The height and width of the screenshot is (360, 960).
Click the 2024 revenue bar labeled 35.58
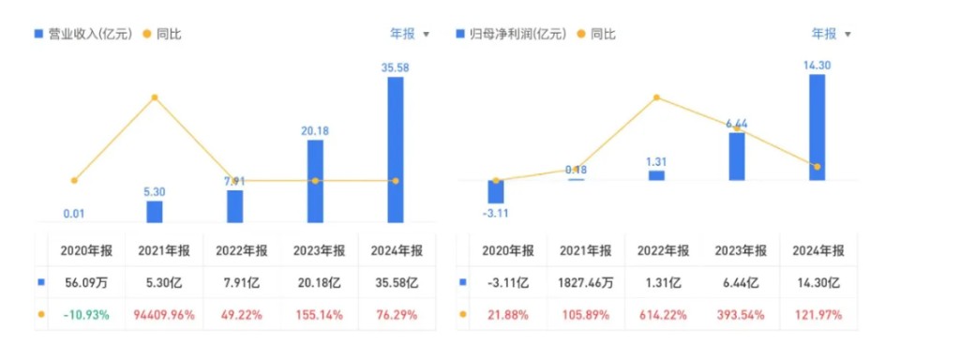click(396, 149)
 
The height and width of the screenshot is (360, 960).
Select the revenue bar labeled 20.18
click(315, 181)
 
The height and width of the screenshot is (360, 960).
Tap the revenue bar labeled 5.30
click(155, 212)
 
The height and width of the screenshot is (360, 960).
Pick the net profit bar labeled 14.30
click(817, 127)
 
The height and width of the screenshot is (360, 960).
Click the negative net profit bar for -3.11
click(495, 191)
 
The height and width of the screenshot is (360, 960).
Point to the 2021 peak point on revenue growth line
click(155, 97)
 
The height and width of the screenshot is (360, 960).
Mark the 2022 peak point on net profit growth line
click(656, 97)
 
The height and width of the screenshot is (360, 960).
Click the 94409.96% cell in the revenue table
click(164, 315)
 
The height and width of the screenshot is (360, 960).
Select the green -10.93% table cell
click(85, 315)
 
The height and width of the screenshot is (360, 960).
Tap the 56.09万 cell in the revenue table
click(85, 283)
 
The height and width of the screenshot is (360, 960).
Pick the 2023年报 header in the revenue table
click(319, 251)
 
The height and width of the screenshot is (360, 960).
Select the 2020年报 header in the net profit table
click(507, 251)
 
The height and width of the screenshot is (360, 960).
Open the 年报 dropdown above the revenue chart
click(410, 35)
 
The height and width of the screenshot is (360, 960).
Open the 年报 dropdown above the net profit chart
click(832, 35)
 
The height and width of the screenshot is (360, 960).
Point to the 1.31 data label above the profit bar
click(656, 162)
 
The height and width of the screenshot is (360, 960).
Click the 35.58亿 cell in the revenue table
click(396, 283)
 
